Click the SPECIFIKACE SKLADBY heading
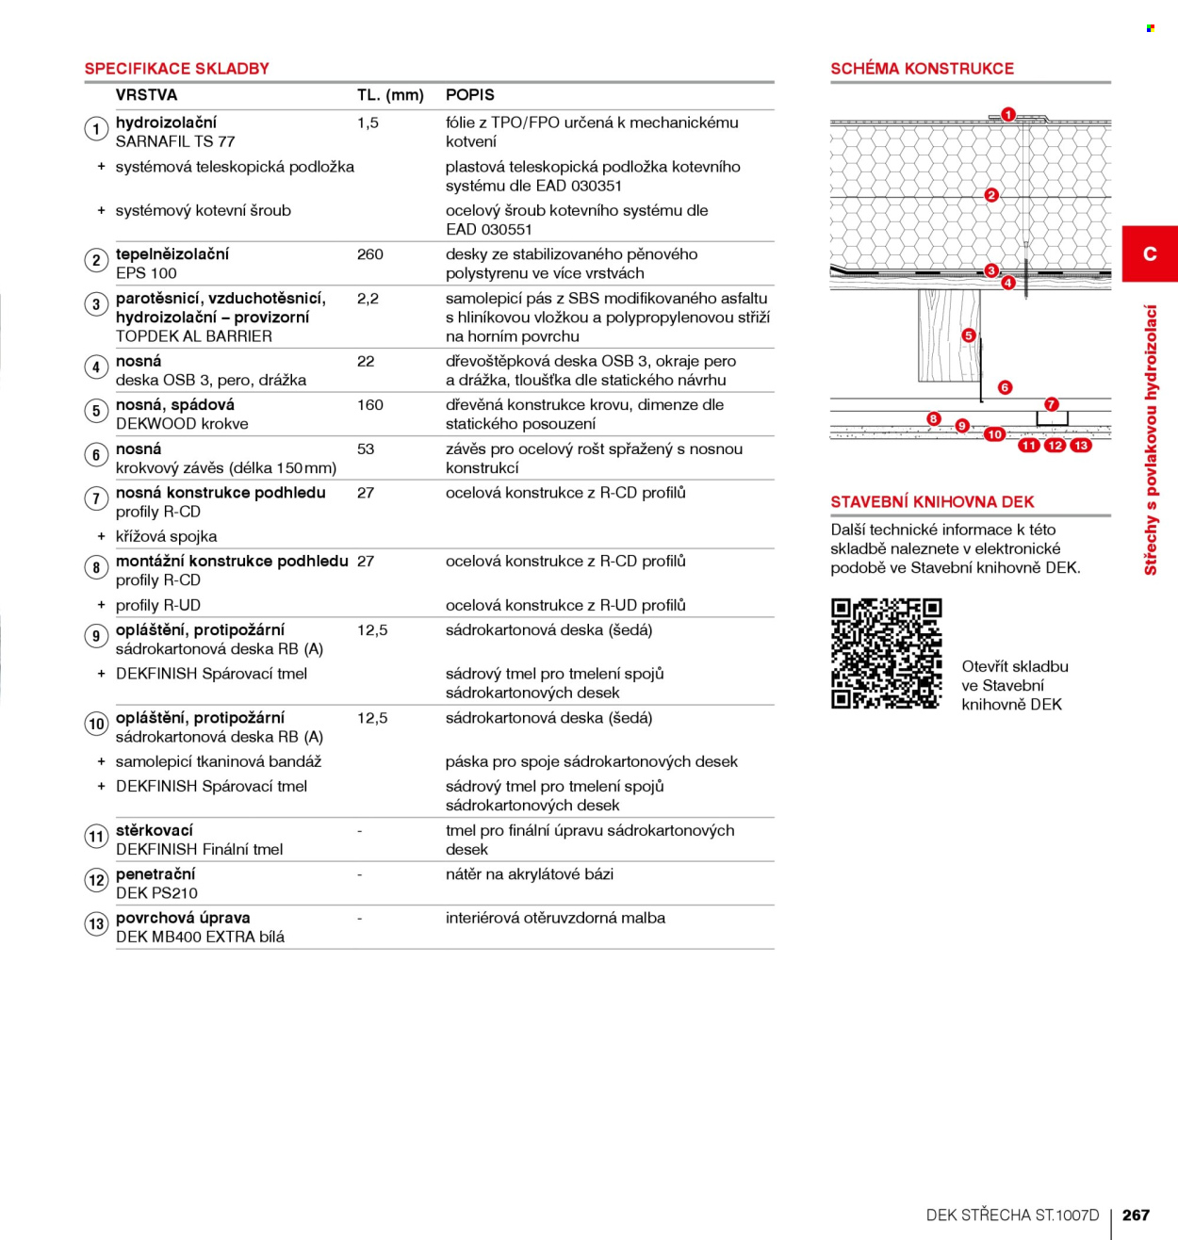click(176, 69)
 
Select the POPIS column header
click(470, 95)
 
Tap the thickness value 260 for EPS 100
click(369, 254)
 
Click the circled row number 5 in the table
click(96, 411)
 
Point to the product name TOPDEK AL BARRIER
click(194, 336)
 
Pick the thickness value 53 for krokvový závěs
click(366, 449)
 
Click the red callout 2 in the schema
click(991, 195)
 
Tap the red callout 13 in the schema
click(1081, 446)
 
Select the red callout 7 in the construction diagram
click(1051, 404)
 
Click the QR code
click(887, 653)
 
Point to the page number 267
click(1136, 1215)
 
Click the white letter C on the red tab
click(1150, 253)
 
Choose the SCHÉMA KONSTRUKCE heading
click(922, 69)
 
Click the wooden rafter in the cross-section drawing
click(949, 335)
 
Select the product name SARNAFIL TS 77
click(174, 141)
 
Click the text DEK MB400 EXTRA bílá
click(200, 937)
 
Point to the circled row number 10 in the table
click(96, 724)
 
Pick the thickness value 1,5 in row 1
click(368, 122)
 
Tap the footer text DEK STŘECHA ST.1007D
click(1012, 1215)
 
